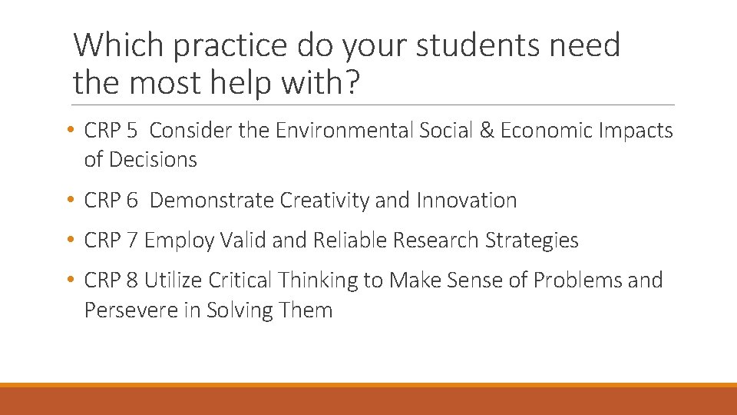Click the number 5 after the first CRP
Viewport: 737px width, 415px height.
(x=132, y=131)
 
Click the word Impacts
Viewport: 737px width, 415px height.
(x=635, y=131)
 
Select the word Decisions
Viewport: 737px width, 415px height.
(x=153, y=160)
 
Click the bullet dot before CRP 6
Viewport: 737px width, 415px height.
(x=70, y=201)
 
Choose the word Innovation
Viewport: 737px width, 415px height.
(x=467, y=201)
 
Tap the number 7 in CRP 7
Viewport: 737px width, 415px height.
(x=132, y=241)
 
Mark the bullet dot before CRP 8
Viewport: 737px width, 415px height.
(x=70, y=281)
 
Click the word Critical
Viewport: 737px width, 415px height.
(x=238, y=281)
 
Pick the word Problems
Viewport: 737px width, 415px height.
(x=579, y=281)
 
